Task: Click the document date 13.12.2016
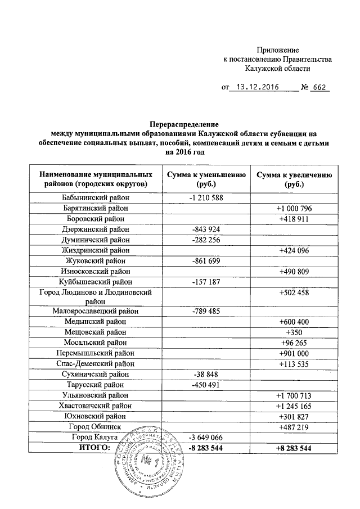258,88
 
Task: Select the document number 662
319,88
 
